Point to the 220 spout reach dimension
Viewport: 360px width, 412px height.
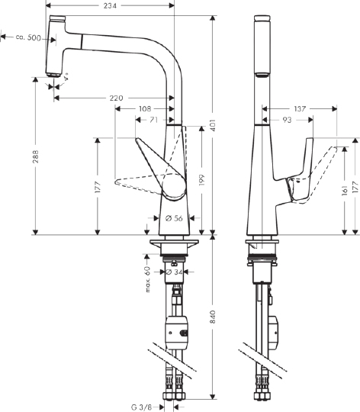click(x=117, y=98)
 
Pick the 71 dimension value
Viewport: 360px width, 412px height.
click(x=153, y=120)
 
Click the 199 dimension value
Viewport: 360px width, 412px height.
click(x=201, y=180)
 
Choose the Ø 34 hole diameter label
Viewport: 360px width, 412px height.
click(x=173, y=271)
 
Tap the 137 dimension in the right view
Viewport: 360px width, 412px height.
click(x=298, y=109)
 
